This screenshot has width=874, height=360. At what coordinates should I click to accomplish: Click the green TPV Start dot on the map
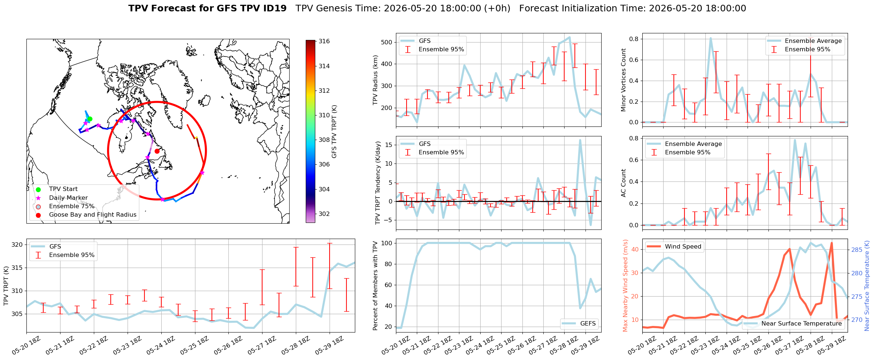pos(90,119)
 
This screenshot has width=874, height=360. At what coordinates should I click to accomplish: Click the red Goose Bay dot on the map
pos(157,151)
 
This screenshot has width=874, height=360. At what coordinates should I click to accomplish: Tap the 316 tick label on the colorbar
pos(324,41)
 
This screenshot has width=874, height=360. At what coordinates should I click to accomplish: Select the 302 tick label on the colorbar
pos(324,214)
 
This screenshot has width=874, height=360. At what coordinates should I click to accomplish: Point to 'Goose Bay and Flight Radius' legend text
pos(93,215)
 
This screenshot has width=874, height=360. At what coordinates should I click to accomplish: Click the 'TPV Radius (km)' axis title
pos(375,80)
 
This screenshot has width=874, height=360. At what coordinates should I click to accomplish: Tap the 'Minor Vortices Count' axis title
pos(624,80)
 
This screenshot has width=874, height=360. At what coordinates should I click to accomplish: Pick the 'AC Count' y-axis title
pos(624,183)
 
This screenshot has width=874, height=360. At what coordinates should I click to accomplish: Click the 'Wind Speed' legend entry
pos(674,247)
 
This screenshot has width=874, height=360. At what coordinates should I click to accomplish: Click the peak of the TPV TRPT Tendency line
pos(580,140)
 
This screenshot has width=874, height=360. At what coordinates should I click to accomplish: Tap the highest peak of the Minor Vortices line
pos(710,38)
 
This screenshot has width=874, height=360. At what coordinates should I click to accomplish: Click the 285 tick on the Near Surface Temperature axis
pos(857,250)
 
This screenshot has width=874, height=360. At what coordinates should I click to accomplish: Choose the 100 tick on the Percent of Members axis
pos(387,243)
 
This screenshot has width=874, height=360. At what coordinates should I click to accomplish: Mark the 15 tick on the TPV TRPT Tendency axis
pos(389,145)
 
